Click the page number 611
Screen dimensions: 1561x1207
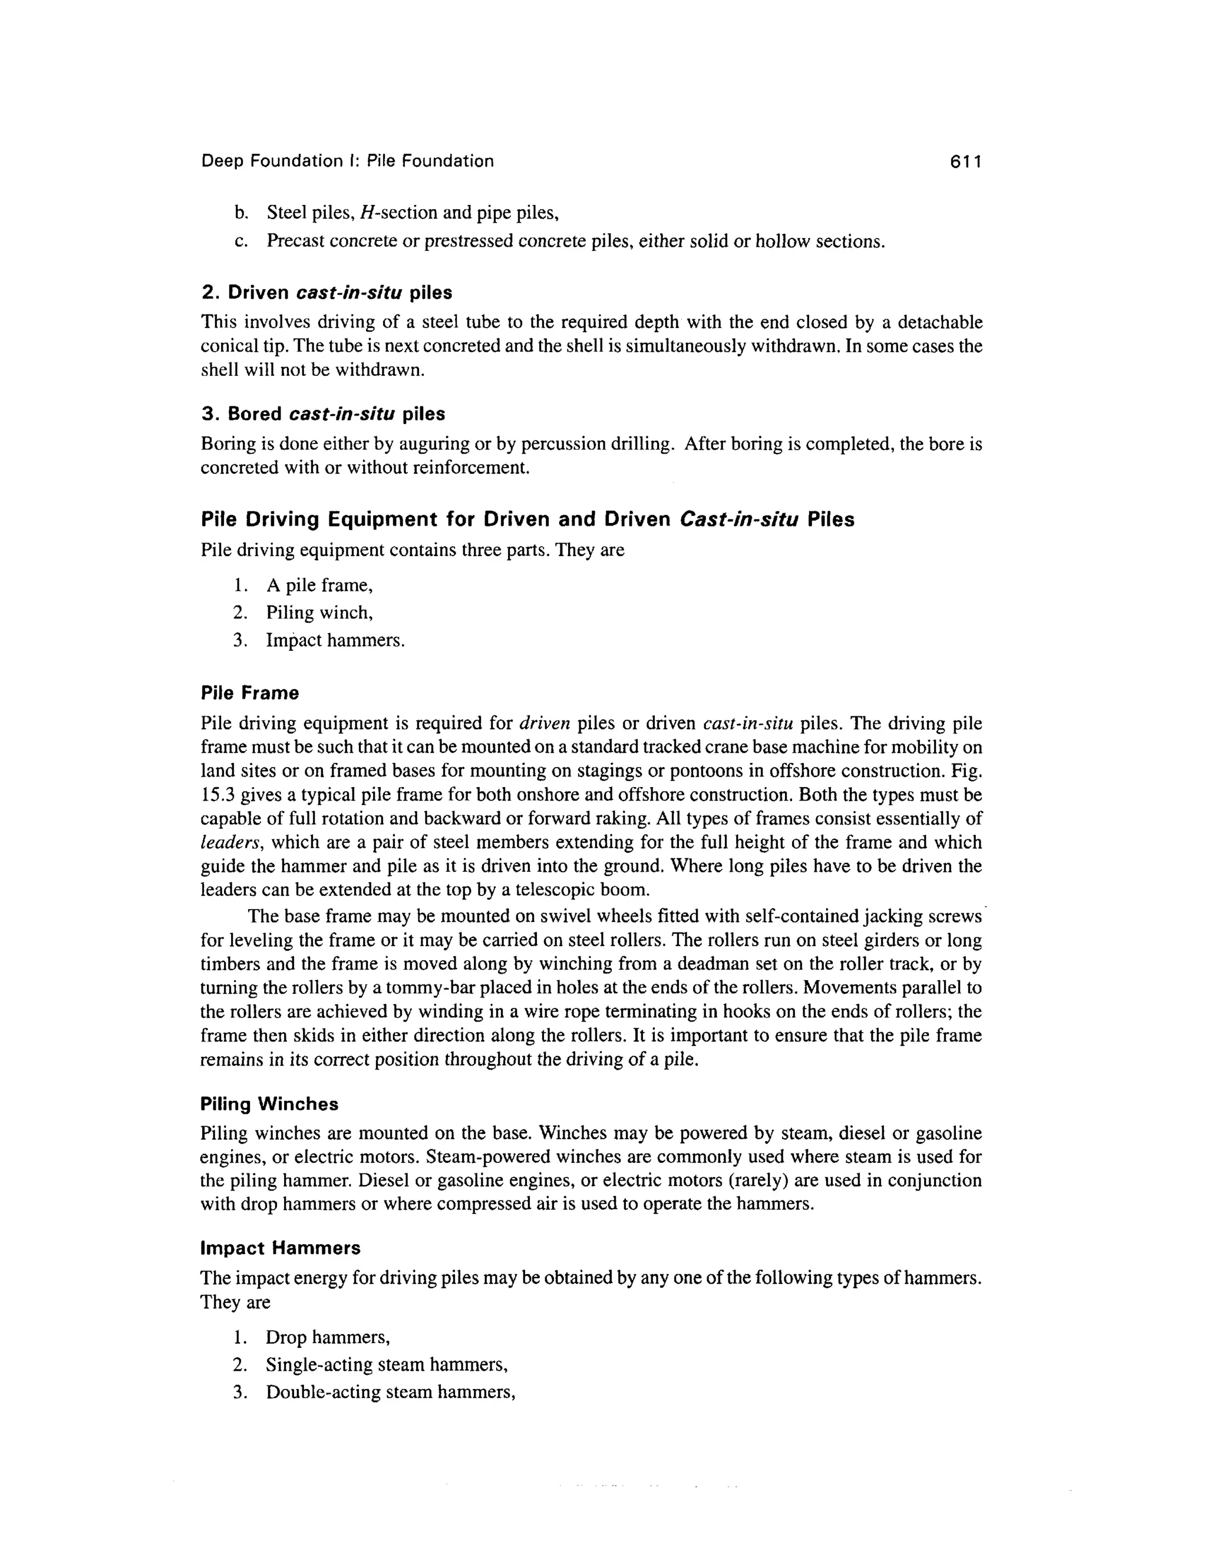pyautogui.click(x=965, y=161)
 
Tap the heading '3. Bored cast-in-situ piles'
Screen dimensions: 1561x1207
pyautogui.click(x=322, y=414)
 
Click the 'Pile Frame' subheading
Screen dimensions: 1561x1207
pyautogui.click(x=249, y=693)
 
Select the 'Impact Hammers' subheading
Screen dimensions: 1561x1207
pyautogui.click(x=281, y=1248)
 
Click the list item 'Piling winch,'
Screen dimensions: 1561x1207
pyautogui.click(x=319, y=613)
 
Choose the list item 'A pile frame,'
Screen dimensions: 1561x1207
pyautogui.click(x=319, y=586)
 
